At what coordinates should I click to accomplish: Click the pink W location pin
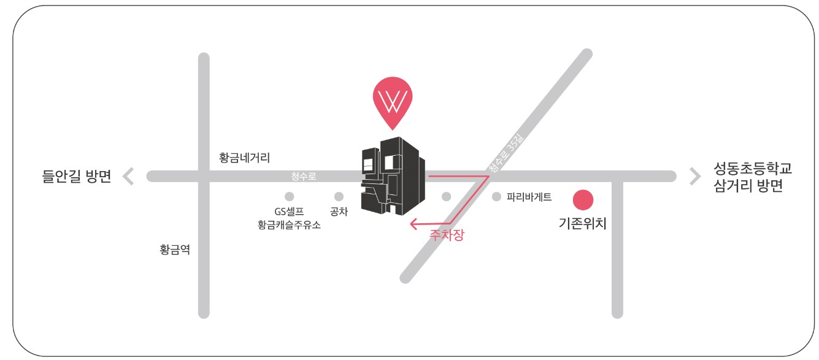click(393, 101)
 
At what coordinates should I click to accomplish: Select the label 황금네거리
click(244, 158)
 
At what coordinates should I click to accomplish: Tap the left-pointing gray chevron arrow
click(128, 177)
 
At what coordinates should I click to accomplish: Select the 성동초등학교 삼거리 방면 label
click(748, 177)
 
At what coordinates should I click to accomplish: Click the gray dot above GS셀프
click(290, 197)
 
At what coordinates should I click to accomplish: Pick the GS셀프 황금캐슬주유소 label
click(290, 218)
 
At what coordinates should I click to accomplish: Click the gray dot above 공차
click(339, 197)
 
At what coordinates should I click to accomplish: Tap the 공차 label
click(339, 212)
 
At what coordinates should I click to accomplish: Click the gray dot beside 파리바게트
click(496, 197)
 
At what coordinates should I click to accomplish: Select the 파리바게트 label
click(529, 197)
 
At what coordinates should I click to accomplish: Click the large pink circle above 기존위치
click(583, 199)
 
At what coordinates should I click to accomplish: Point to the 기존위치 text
click(582, 224)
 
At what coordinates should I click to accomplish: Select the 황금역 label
click(175, 250)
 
